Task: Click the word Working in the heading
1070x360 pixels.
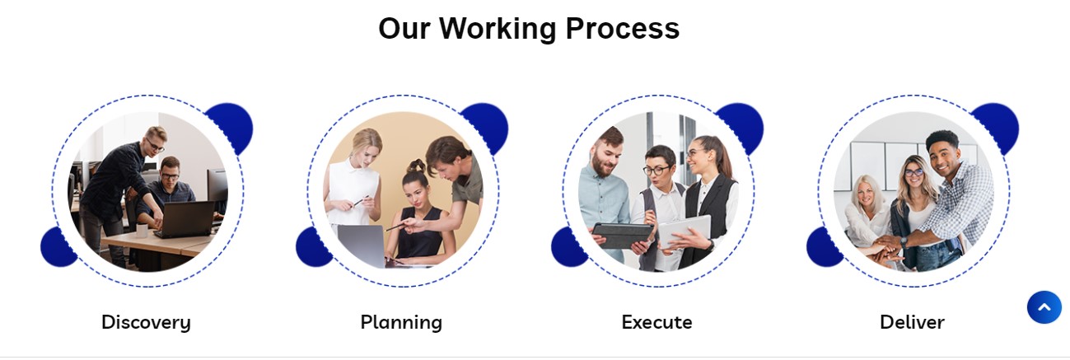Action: [x=498, y=28]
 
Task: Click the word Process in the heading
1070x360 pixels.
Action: [x=623, y=28]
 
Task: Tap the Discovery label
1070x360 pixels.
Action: [x=146, y=323]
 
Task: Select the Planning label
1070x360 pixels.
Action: [x=401, y=323]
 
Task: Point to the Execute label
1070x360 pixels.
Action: [x=656, y=323]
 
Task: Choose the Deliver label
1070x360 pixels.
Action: [x=913, y=323]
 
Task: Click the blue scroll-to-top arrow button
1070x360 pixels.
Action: [x=1044, y=307]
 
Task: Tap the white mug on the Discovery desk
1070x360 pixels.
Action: [x=143, y=231]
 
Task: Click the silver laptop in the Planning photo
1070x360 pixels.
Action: [x=362, y=245]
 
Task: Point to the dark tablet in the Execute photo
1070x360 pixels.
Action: [x=622, y=235]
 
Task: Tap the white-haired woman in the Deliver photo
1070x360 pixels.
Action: [x=866, y=210]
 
